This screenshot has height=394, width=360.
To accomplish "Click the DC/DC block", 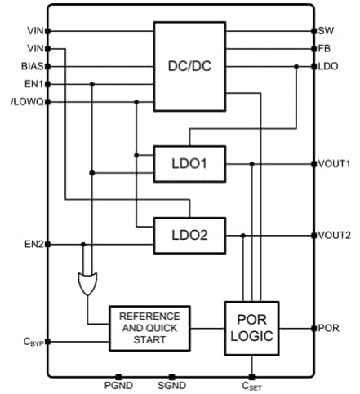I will point(189,66).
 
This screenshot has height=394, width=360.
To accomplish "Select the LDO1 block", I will point(189,164).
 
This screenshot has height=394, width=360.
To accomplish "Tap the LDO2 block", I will point(189,235).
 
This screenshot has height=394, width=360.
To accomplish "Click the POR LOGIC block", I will point(251,328).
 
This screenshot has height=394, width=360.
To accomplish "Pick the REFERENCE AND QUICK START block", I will point(149,328).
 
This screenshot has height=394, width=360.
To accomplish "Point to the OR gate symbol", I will point(86,284).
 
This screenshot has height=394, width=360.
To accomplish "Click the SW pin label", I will point(326,31).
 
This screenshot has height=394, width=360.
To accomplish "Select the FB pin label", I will point(325,49).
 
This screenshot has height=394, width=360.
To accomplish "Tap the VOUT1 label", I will point(334,164).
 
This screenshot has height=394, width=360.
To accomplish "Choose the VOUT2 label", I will point(334,235).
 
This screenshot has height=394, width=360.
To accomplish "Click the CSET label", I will point(251,387).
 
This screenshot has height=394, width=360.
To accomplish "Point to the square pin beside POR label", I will point(313,328).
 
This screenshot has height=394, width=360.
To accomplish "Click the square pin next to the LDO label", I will point(313,66).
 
